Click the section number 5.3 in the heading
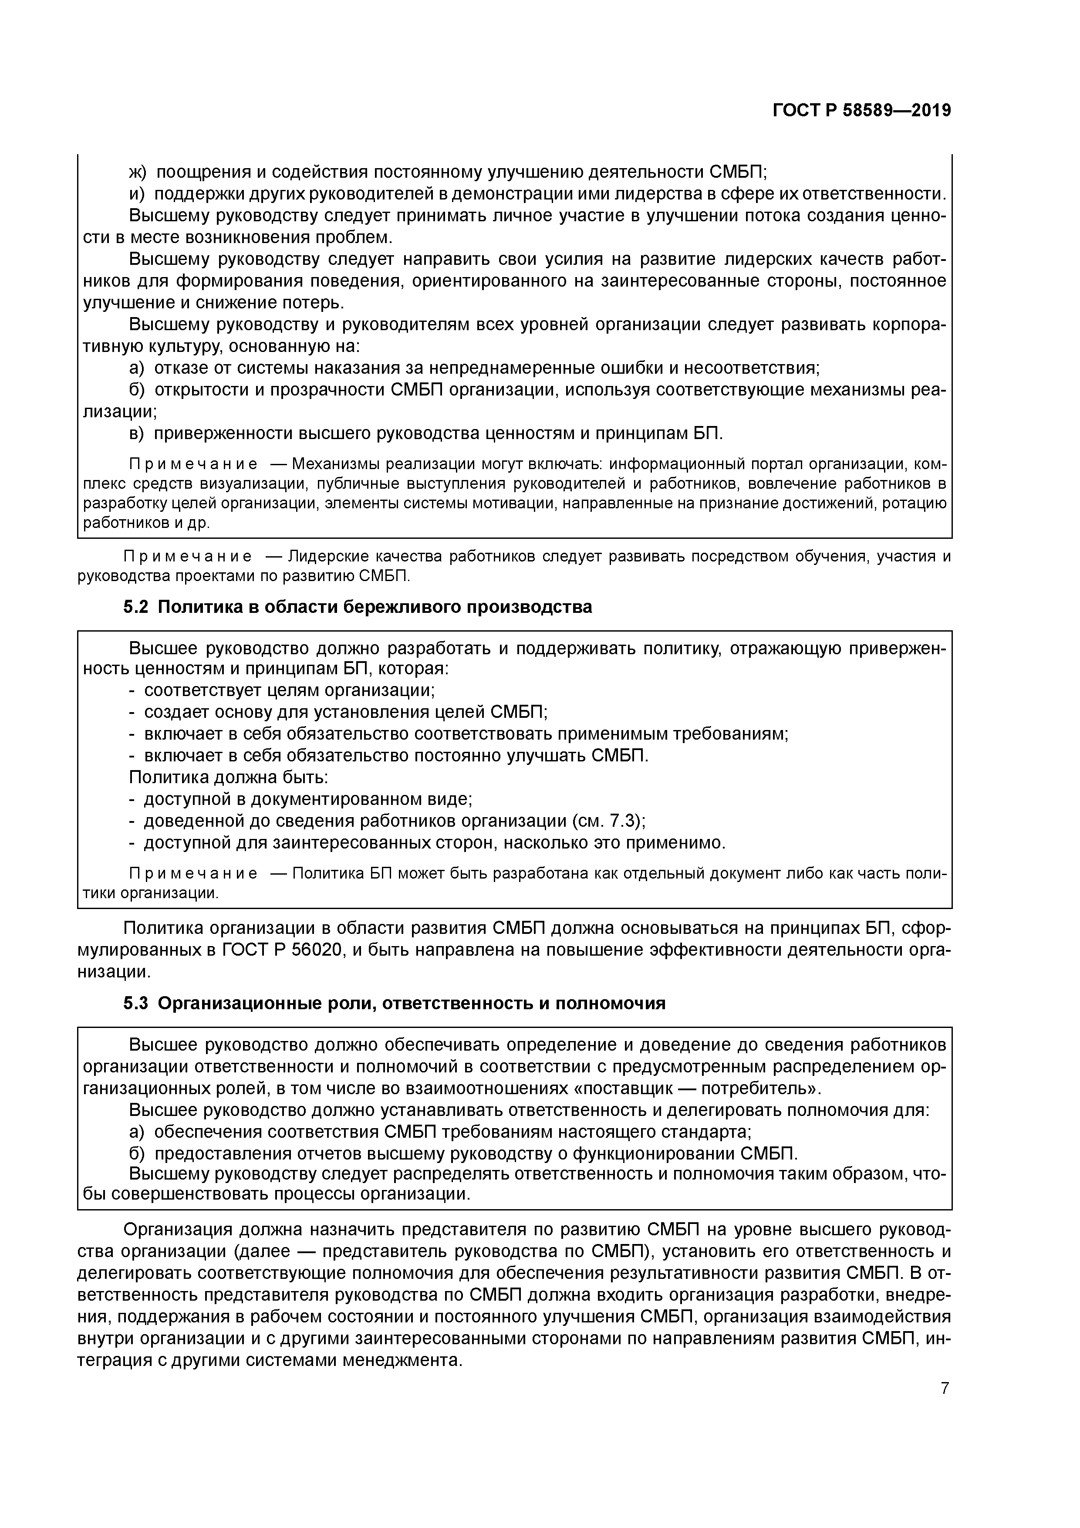click(137, 1004)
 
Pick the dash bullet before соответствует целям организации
click(132, 690)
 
